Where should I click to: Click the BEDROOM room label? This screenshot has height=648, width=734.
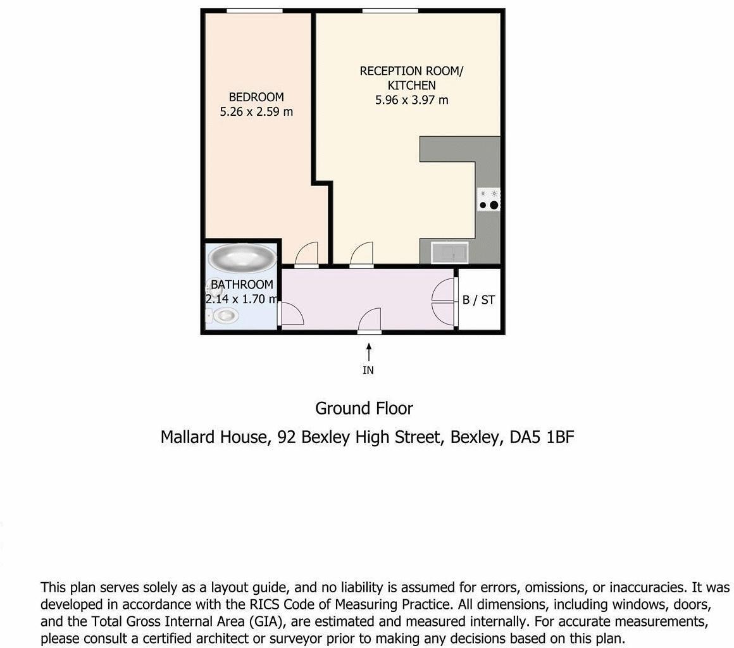coord(256,97)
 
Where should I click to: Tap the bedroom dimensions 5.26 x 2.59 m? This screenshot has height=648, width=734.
coord(256,112)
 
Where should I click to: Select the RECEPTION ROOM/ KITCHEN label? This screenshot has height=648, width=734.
coord(411,78)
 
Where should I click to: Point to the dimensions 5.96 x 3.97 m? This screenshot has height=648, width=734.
coord(411,100)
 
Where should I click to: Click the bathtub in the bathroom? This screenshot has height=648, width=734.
coord(242,258)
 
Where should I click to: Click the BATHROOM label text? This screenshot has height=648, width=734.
coord(242,285)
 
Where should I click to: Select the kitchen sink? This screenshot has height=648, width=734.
coord(449,253)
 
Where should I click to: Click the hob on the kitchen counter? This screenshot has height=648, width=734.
coord(489,199)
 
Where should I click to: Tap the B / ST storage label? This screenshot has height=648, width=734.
coord(478,300)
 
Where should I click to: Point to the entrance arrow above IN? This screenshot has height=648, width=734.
coord(368,350)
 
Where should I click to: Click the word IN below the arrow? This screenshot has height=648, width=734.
coord(368,371)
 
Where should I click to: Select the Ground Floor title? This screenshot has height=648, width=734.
coord(364,408)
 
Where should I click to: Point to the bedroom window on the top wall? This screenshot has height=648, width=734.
coord(254,11)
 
